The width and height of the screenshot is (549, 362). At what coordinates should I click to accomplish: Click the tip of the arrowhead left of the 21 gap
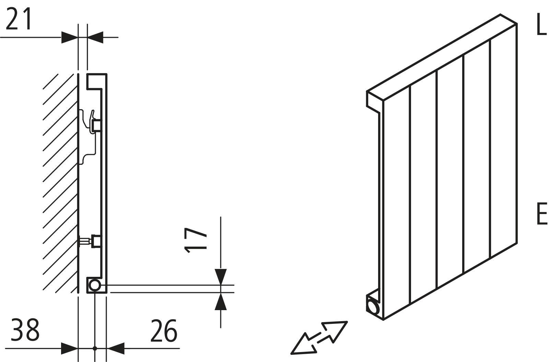tap(78, 37)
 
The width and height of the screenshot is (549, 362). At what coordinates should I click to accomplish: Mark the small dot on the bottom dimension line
tap(95, 348)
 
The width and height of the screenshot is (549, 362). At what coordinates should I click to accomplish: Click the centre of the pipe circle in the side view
tap(94, 285)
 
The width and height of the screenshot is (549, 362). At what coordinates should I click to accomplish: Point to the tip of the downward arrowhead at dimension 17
tap(221, 285)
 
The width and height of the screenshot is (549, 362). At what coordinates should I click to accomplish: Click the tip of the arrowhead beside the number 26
tap(107, 348)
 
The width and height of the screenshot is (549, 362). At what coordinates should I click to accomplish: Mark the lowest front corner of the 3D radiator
tap(383, 320)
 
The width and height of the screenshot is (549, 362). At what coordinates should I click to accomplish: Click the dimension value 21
tap(19, 19)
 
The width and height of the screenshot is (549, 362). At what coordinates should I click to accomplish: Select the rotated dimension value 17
tap(195, 240)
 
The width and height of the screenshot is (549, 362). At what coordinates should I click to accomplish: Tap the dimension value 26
tap(164, 330)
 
